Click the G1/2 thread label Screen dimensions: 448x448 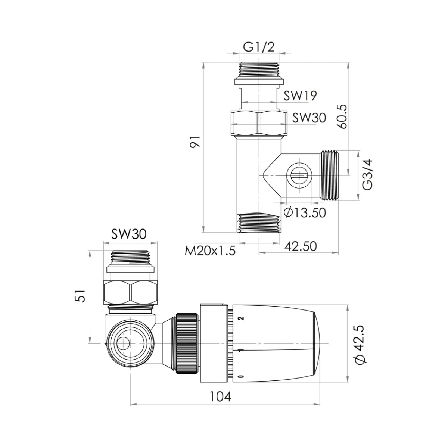tap(259, 47)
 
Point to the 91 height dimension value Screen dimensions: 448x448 tap(195, 142)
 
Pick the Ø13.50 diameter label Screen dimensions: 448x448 tap(305, 212)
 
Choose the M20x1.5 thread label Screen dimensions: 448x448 tap(210, 251)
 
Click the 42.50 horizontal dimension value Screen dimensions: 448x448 tap(301, 246)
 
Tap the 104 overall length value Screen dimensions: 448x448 tap(220, 396)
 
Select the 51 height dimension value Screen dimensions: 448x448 tap(80, 296)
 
